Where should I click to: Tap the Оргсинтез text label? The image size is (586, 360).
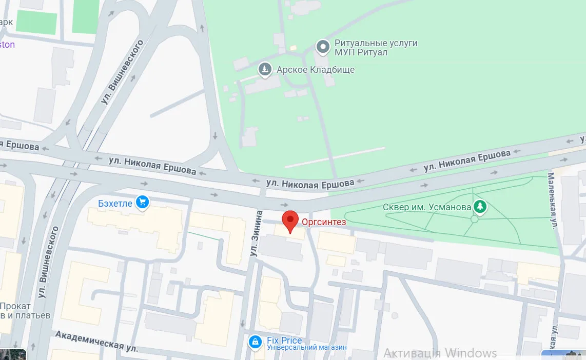click(324, 222)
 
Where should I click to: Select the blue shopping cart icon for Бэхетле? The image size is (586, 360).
click(142, 203)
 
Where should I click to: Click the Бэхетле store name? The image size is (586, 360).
click(115, 204)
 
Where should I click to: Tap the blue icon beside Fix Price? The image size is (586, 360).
click(255, 342)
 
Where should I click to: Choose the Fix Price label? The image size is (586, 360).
click(284, 341)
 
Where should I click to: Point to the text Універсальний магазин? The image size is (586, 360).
click(307, 348)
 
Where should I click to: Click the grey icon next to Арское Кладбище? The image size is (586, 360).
click(265, 69)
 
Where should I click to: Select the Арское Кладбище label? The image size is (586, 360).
click(316, 70)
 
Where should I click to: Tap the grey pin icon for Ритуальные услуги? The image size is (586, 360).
click(323, 48)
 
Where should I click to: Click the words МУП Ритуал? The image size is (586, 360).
click(361, 52)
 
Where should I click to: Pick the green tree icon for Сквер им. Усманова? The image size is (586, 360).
click(480, 207)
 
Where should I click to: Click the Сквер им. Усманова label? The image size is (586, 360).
click(427, 207)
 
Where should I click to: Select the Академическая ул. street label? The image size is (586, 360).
click(96, 341)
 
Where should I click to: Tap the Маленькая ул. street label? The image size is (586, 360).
click(553, 200)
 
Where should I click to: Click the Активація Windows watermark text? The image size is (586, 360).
click(440, 353)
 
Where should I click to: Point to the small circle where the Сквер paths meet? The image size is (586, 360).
click(474, 219)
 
